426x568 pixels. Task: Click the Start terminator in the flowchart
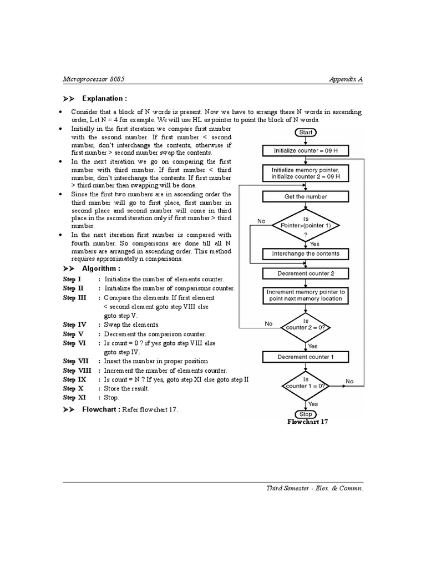(306, 133)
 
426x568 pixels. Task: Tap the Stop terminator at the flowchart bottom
(306, 414)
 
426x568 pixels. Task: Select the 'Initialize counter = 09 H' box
(306, 150)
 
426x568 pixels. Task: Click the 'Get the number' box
(306, 196)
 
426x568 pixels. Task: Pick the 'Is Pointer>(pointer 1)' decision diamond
(306, 225)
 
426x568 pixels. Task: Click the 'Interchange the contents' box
(306, 253)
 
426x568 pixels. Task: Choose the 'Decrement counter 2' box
(306, 273)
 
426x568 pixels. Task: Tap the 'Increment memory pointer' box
(306, 295)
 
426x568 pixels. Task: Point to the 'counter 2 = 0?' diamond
(306, 327)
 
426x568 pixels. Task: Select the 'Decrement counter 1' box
(306, 357)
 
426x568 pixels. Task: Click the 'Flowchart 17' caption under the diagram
(308, 422)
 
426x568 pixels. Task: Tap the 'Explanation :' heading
(104, 99)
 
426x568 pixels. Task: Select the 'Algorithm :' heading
(101, 268)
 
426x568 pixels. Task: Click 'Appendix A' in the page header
(346, 79)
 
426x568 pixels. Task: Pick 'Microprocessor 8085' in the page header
(97, 79)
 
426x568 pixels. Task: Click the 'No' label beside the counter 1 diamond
(349, 381)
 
